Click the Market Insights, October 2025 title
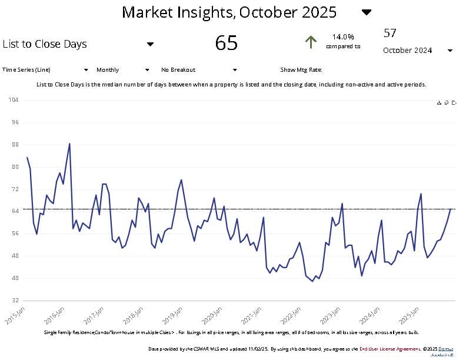coord(229,12)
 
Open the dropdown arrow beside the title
coord(367,12)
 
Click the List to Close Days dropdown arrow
coord(150,44)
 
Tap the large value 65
coord(227,43)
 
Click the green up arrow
coord(311,42)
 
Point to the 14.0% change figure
coord(343,36)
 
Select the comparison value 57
coord(390,33)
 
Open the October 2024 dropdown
coord(450,51)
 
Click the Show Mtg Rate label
coord(301,69)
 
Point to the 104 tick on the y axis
coord(14,100)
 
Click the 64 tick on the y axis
coord(15,211)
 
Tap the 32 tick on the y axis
coord(15,300)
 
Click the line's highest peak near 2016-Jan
coord(69,144)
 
